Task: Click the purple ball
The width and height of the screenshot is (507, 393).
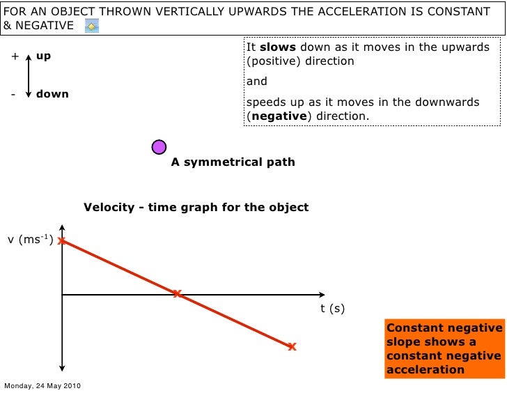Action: [x=159, y=146]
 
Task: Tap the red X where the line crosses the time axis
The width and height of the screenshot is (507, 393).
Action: [x=177, y=293]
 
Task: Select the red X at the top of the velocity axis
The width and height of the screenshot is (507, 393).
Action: [x=62, y=240]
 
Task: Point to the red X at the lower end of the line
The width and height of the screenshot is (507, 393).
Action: [x=292, y=346]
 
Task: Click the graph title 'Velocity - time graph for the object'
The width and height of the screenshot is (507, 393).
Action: [x=196, y=208]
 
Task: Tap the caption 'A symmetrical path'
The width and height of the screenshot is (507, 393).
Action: [x=233, y=162]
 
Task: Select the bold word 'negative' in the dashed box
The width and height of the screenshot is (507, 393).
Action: [x=279, y=116]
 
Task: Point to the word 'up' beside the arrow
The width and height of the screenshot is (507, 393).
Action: [x=43, y=56]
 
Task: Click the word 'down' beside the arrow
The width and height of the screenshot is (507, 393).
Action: [x=52, y=93]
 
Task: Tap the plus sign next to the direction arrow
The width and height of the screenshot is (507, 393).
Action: [x=14, y=56]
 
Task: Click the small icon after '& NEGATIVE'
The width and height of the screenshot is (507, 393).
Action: [x=91, y=26]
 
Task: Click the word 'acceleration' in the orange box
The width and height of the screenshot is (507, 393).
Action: [x=425, y=369]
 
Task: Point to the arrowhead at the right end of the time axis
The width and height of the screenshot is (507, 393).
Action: [x=321, y=294]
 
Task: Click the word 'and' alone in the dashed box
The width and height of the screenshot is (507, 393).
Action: [x=258, y=82]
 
